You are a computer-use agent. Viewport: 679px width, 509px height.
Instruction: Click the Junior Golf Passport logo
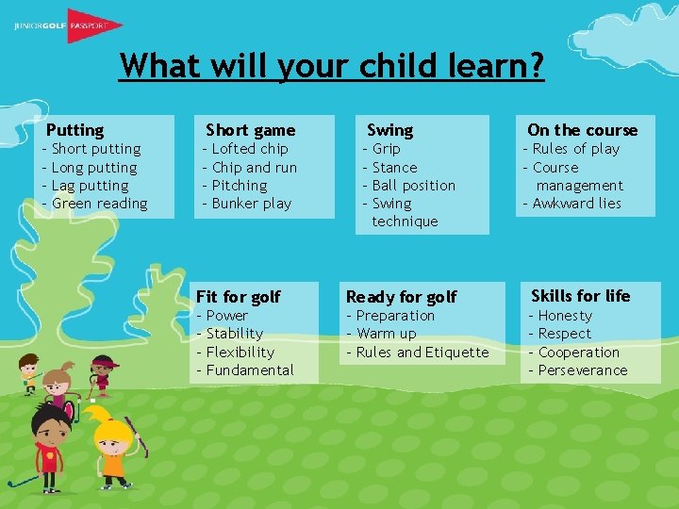coord(66,25)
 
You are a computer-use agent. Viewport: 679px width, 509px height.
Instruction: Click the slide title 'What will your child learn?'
coord(332,66)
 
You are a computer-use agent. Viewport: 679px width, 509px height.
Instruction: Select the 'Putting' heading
coord(75,130)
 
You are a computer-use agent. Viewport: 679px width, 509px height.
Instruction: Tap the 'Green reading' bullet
coord(100,204)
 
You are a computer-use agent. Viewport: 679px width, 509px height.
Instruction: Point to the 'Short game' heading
coord(250,130)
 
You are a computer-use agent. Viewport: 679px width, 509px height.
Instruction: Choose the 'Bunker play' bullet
coord(252,204)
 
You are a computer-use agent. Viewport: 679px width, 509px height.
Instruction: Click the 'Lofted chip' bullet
coord(250,149)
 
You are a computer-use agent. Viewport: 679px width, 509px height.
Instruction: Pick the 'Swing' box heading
coord(389,130)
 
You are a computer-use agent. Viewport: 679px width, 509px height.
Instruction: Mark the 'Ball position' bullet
coord(414,186)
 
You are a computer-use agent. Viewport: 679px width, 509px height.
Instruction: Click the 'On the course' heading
coord(582,130)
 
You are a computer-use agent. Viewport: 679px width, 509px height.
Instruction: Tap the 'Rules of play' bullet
coord(576,149)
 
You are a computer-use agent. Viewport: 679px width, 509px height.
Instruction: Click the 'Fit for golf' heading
coord(239,297)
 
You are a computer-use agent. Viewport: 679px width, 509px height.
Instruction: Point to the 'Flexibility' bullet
coord(240,353)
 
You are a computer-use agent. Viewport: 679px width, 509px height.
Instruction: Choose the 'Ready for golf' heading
coord(401,297)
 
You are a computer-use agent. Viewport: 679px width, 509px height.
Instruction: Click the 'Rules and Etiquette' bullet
coord(422,353)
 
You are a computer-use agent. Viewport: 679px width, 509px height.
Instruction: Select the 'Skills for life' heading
coord(580,296)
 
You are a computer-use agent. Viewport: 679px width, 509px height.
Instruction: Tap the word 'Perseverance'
coord(583,370)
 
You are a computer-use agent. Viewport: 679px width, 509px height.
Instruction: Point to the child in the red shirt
coord(49,450)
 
